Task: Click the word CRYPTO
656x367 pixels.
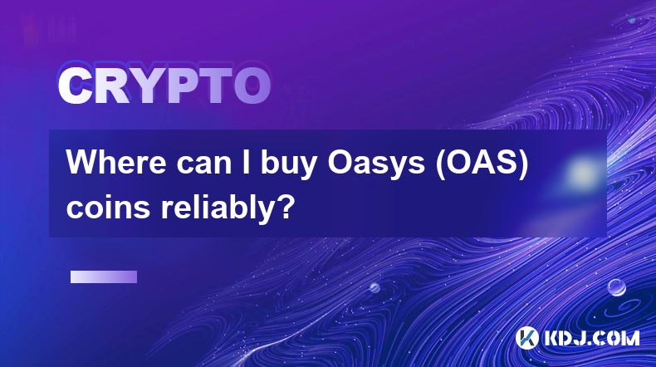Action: [x=164, y=86]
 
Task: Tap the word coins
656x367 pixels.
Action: [x=108, y=207]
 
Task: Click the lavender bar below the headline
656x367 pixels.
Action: [x=104, y=277]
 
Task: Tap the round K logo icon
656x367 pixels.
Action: [x=526, y=338]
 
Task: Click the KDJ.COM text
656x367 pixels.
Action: [x=591, y=338]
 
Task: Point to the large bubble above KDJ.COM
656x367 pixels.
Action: [x=617, y=287]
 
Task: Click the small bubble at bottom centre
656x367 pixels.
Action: [x=375, y=287]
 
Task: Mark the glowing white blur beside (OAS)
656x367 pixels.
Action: [x=583, y=173]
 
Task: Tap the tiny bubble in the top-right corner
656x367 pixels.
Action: [x=632, y=19]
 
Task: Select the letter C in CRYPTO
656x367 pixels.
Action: [x=75, y=86]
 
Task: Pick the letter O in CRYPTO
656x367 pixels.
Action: [x=252, y=86]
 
